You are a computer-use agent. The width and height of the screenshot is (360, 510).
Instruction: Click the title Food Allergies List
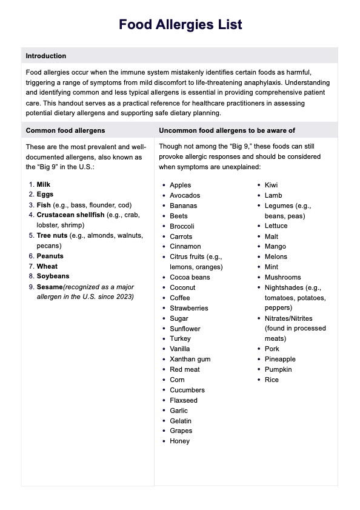[x=180, y=25]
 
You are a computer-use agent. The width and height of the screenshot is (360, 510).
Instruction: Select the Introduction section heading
[x=46, y=56]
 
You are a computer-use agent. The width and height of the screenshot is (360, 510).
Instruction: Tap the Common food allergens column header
[x=65, y=130]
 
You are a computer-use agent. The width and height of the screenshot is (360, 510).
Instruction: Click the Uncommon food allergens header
[x=227, y=130]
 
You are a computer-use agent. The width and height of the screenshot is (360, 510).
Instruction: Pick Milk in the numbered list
[x=44, y=184]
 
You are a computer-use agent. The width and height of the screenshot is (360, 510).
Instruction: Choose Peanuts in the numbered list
[x=50, y=256]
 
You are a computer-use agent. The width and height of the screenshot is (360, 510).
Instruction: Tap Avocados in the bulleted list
[x=185, y=195]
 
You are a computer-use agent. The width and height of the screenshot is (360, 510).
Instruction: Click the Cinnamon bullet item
[x=185, y=247]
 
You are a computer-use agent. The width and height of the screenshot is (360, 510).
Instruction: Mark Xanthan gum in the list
[x=190, y=359]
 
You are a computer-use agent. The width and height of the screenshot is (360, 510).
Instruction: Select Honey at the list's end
[x=180, y=441]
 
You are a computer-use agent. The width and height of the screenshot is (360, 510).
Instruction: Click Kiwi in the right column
[x=272, y=185]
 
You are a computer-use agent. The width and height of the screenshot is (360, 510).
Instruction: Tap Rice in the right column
[x=272, y=380]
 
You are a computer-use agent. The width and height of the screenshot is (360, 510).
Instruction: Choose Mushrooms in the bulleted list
[x=283, y=277]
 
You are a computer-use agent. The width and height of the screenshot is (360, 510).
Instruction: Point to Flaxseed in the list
[x=184, y=400]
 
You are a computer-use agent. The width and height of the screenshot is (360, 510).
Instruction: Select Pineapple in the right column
[x=280, y=359]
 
